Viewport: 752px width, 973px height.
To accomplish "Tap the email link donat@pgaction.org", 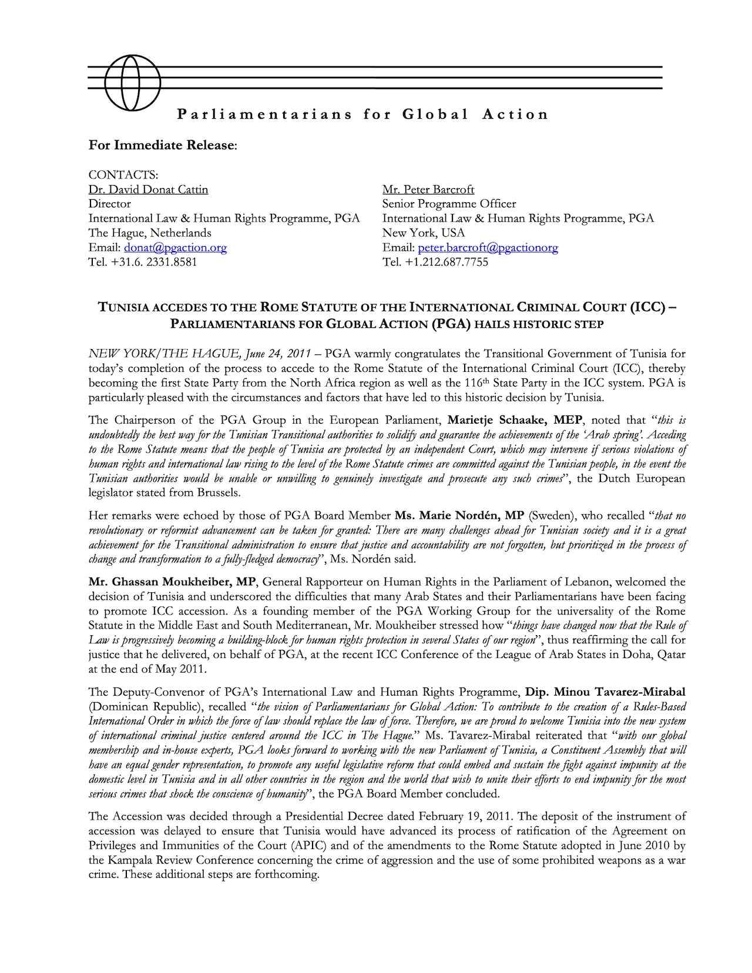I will [175, 247].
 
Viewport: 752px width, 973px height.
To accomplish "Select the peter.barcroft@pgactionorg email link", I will [488, 247].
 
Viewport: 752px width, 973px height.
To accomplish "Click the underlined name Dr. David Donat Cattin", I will [148, 189].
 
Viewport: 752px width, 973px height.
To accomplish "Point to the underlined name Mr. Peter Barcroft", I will [428, 189].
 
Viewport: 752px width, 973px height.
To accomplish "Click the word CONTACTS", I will [123, 175].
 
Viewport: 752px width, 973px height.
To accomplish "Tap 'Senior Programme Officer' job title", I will [449, 204].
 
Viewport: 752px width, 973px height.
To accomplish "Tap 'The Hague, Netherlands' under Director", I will [150, 233].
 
